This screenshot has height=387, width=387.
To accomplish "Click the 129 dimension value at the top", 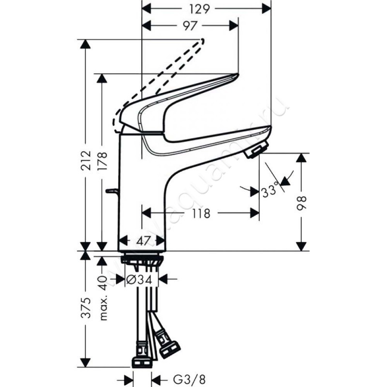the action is (x=199, y=9).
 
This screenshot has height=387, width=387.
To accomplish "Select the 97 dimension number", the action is (x=190, y=26).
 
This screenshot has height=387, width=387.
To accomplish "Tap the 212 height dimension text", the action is (x=87, y=161).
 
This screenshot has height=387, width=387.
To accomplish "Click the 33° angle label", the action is (x=270, y=190).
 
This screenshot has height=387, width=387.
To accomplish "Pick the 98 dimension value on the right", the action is (x=301, y=203).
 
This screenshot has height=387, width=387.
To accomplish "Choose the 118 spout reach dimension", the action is (x=201, y=213).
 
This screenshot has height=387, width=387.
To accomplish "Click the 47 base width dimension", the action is (x=143, y=240).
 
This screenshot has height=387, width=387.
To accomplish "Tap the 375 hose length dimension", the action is (x=87, y=308).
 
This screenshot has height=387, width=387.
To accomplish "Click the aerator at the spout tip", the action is (x=256, y=149).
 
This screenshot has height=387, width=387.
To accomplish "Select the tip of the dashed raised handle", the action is (x=203, y=40).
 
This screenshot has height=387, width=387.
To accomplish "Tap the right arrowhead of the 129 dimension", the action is (x=267, y=9).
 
